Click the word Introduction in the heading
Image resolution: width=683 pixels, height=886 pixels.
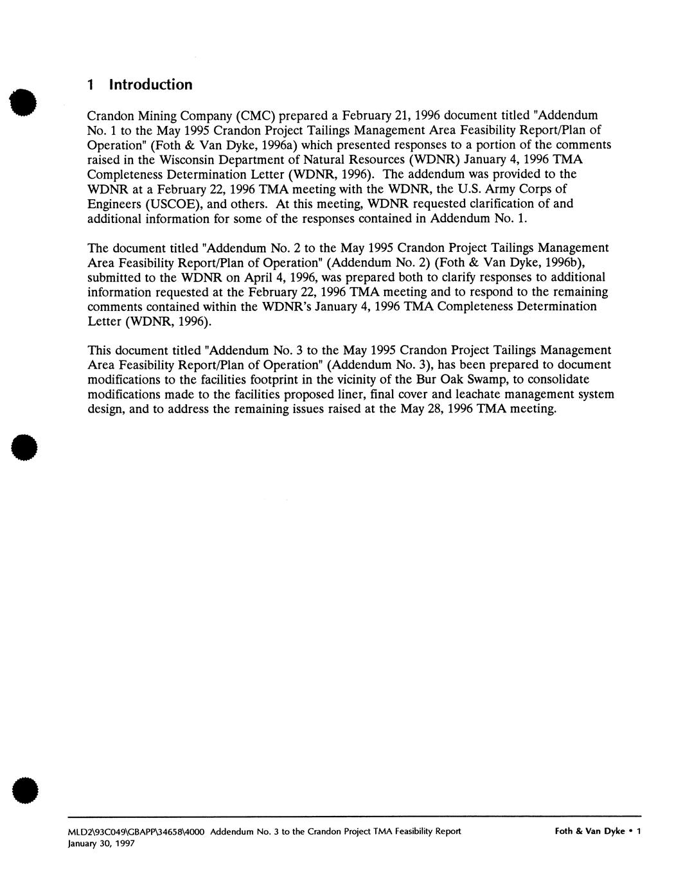click(x=150, y=85)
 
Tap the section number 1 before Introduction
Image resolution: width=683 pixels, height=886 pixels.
click(x=91, y=85)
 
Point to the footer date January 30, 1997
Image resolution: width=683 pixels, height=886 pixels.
click(x=101, y=844)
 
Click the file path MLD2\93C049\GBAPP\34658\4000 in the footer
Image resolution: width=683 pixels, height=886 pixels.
click(x=136, y=831)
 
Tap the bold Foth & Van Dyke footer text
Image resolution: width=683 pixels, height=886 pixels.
click(x=590, y=831)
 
